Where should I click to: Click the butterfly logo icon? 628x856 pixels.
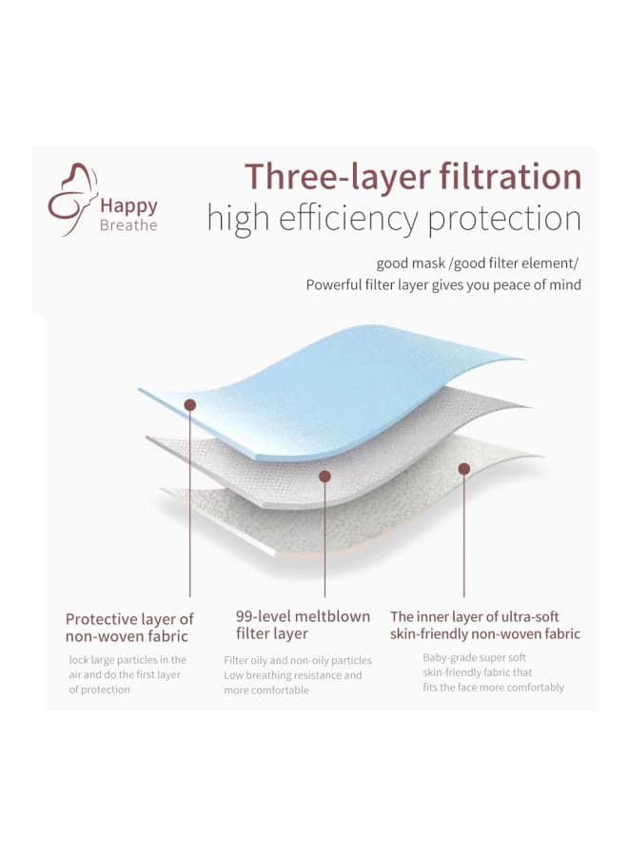point(72,200)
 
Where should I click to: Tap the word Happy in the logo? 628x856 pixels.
point(128,206)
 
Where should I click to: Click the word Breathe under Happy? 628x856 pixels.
point(128,224)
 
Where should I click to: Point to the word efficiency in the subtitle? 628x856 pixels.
point(347,219)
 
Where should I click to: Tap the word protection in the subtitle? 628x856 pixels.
point(504,220)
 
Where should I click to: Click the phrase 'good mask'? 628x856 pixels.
point(410,263)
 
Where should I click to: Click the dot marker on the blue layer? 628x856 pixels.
point(190,404)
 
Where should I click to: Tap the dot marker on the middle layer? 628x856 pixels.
point(324,477)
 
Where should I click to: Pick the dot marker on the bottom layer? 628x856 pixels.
point(464,468)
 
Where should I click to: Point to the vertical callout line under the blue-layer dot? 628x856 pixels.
point(190,503)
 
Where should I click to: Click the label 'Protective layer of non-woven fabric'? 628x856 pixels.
point(129,628)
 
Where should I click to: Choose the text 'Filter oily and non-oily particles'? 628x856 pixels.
point(298,661)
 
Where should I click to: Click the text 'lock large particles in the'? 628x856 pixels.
point(128,659)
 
